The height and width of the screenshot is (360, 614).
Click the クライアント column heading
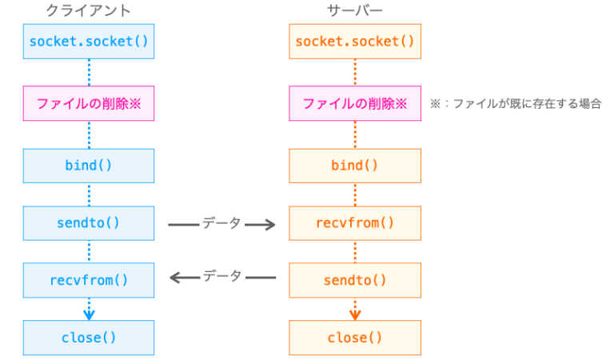tap(88, 10)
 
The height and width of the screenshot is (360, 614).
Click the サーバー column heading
tap(355, 10)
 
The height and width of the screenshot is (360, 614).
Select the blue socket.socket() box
tap(89, 41)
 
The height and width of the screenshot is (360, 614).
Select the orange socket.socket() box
tap(355, 41)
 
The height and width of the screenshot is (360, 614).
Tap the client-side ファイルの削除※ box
tap(89, 103)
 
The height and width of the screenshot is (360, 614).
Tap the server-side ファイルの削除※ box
tap(355, 103)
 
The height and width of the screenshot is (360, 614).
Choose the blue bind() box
tap(89, 166)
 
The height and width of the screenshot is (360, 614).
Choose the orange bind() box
tap(355, 166)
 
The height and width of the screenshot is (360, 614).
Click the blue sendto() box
tap(89, 222)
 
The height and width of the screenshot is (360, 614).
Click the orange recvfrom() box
tap(355, 222)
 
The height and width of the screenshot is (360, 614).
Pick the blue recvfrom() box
tap(89, 280)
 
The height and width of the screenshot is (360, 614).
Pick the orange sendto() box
tap(355, 280)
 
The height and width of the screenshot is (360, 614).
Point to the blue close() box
tap(89, 338)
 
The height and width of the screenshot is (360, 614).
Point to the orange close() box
tap(355, 338)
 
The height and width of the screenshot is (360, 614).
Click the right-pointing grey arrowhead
tap(269, 226)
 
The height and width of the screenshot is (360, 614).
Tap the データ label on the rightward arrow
tap(221, 223)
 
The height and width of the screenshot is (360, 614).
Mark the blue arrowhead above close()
tap(89, 313)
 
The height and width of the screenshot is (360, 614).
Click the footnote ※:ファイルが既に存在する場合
tap(515, 104)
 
